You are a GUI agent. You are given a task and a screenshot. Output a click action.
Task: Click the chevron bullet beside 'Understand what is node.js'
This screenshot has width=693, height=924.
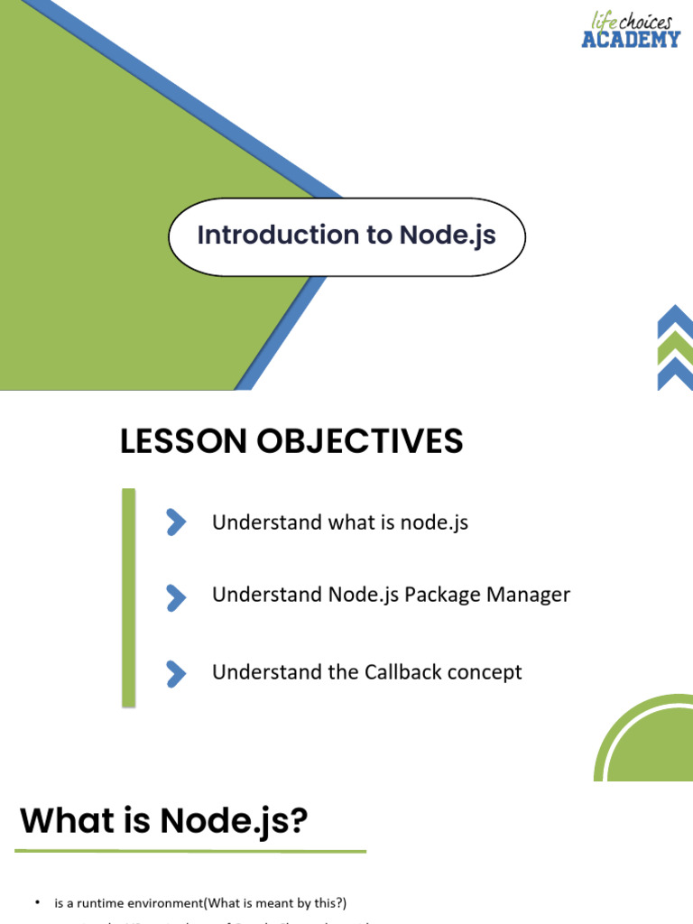point(176,522)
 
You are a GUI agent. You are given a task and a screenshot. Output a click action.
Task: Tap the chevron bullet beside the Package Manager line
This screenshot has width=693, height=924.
point(176,596)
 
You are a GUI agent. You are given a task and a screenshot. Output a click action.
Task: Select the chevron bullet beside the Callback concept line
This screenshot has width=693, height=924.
point(176,673)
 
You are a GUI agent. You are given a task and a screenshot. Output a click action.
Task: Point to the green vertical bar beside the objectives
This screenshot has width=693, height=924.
point(129,596)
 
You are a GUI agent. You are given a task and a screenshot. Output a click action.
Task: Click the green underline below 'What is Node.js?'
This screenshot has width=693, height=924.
point(190,851)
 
